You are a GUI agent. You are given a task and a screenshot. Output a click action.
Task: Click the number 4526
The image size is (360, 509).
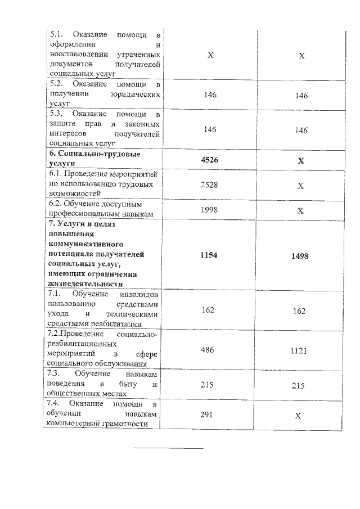click(209, 161)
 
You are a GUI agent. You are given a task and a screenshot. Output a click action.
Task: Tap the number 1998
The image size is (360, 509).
click(209, 210)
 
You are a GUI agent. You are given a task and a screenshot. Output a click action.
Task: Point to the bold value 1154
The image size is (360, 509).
click(209, 255)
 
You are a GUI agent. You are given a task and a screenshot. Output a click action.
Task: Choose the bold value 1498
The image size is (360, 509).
click(300, 256)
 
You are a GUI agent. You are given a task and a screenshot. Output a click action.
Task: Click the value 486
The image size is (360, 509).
click(209, 350)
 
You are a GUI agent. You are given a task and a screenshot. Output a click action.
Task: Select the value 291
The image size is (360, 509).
click(209, 415)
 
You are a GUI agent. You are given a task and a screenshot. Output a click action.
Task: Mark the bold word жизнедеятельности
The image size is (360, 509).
click(85, 284)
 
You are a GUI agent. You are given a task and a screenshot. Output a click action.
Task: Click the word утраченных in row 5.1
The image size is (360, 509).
click(138, 56)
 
